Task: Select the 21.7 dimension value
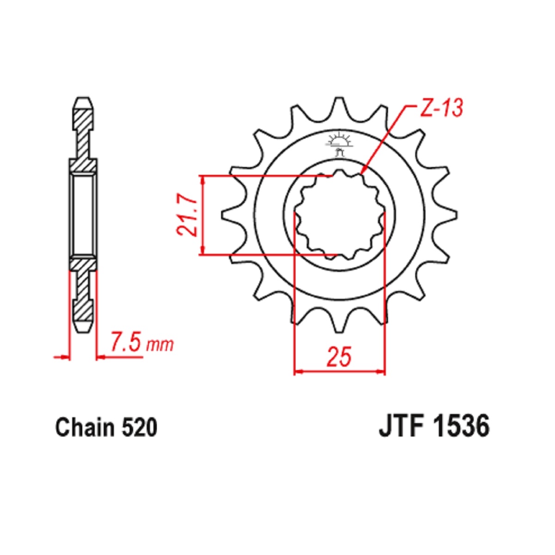click(x=187, y=215)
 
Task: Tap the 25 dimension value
click(x=339, y=357)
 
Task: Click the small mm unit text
click(x=160, y=345)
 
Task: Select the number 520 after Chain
click(x=139, y=428)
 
